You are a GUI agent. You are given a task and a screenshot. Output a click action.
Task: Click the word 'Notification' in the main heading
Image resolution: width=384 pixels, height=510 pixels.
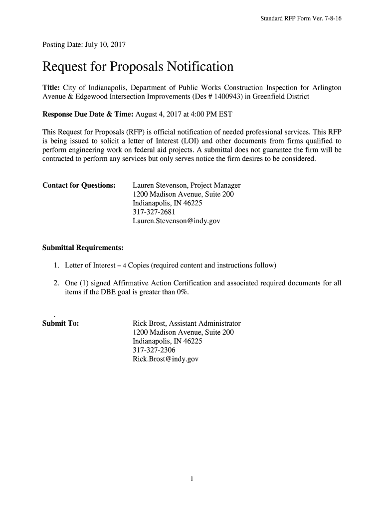click(x=195, y=66)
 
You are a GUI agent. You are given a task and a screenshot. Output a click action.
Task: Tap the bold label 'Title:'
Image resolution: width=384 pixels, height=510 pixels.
click(x=51, y=88)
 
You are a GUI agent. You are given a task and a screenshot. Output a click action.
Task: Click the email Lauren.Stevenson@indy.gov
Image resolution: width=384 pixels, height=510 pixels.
click(x=176, y=220)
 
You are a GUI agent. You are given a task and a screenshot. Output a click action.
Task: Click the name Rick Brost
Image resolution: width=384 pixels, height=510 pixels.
click(x=149, y=323)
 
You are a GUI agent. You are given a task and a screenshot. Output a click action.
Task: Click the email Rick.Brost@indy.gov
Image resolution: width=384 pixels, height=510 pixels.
click(x=166, y=359)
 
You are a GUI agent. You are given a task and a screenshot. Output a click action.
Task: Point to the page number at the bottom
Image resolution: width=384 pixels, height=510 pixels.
click(x=192, y=479)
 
